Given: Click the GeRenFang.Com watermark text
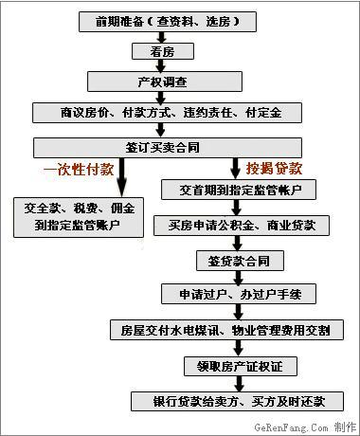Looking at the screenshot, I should (x=305, y=427).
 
